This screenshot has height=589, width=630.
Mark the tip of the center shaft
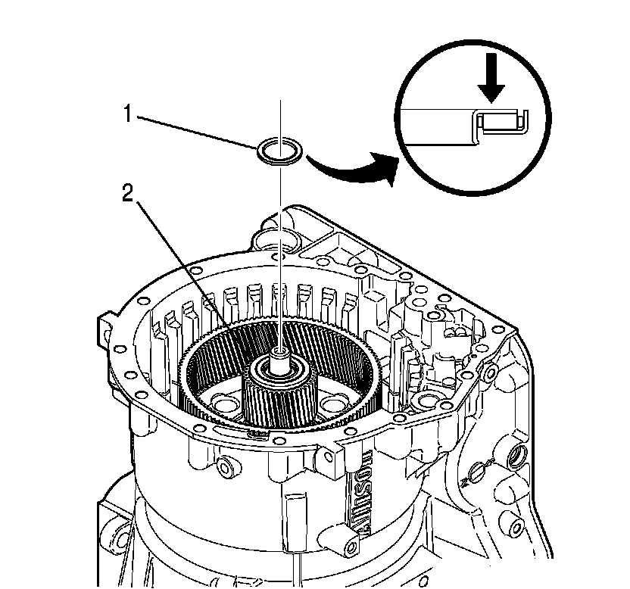pyautogui.click(x=280, y=352)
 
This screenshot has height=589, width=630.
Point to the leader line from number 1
pyautogui.click(x=197, y=132)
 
